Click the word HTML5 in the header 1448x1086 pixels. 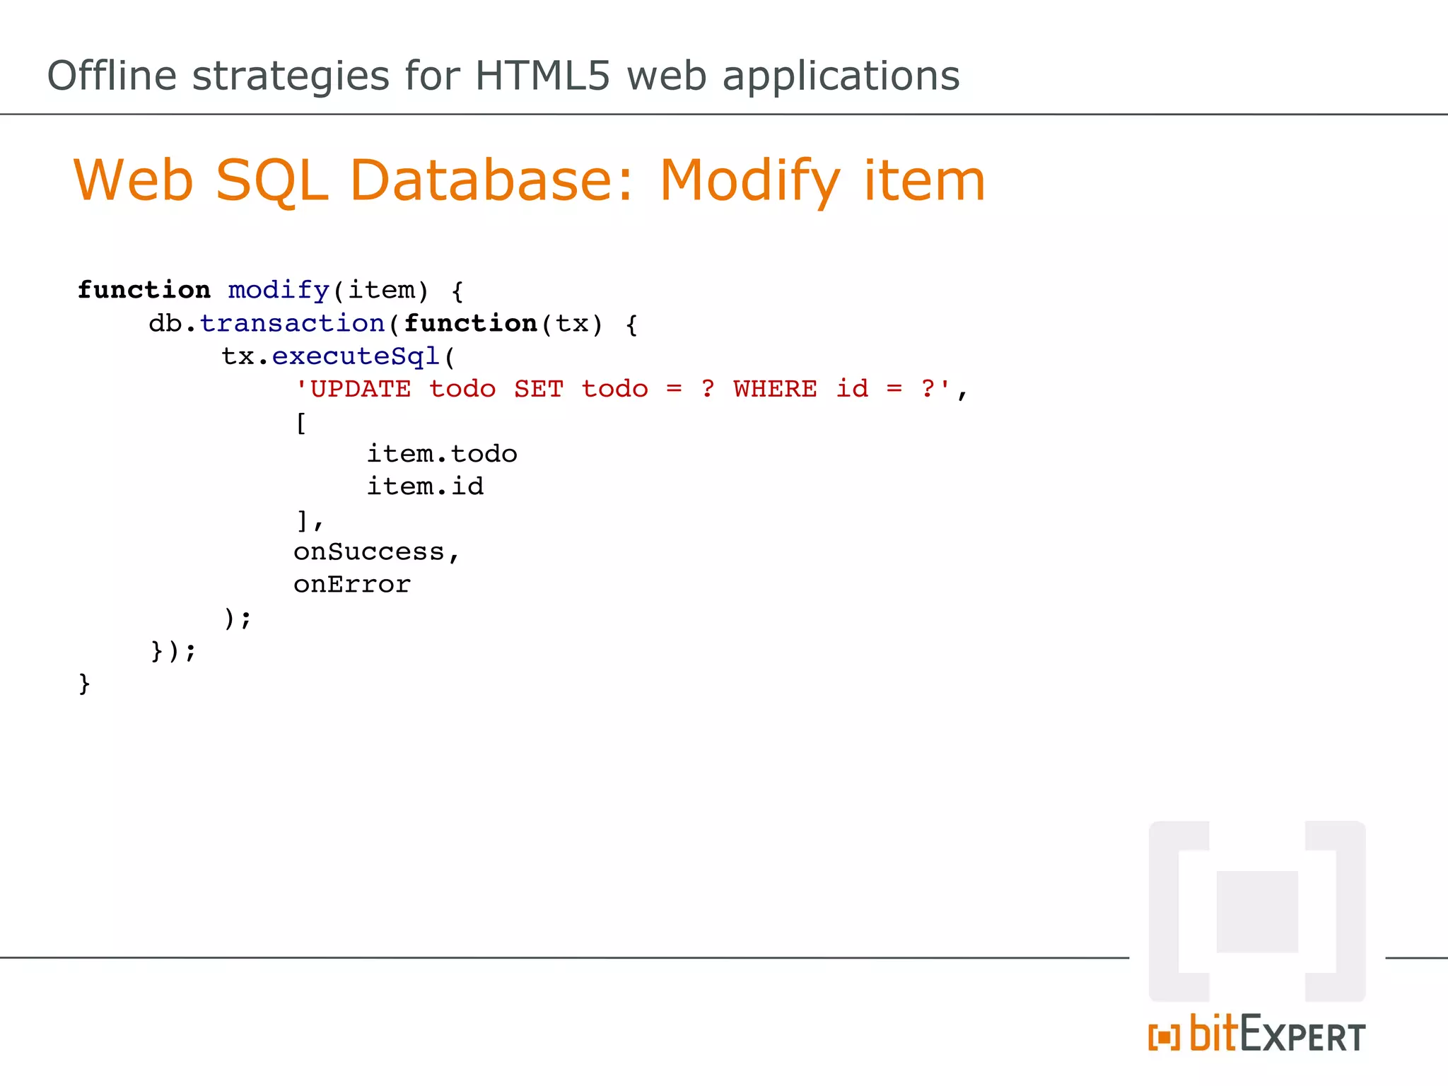(x=542, y=76)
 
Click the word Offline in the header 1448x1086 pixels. (x=112, y=76)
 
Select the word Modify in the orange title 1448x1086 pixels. (x=749, y=181)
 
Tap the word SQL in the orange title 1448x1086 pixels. (x=271, y=181)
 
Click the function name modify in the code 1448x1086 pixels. (x=279, y=291)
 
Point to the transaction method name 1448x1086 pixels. (x=292, y=324)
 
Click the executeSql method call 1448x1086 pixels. (x=356, y=356)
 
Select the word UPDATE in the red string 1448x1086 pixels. (x=360, y=390)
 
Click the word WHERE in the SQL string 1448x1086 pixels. (x=775, y=390)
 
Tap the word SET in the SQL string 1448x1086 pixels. (x=538, y=390)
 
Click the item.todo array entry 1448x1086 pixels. (x=442, y=454)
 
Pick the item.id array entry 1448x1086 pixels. (x=425, y=487)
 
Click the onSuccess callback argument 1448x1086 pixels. (x=369, y=552)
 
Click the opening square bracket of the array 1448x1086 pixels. (x=301, y=423)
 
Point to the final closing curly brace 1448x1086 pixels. (x=84, y=684)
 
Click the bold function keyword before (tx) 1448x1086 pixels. (x=470, y=324)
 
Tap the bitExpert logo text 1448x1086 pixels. (x=1277, y=1035)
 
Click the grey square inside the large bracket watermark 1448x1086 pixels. (x=1257, y=912)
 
